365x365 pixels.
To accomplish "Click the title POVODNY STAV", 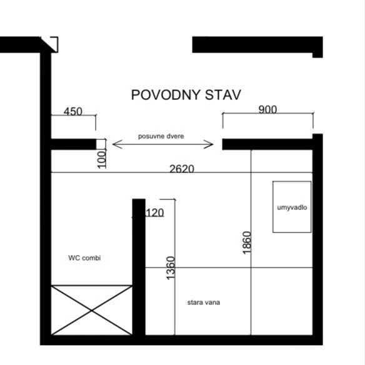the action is pyautogui.click(x=186, y=95).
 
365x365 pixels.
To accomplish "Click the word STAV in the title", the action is pyautogui.click(x=222, y=95).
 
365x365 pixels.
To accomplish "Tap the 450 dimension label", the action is pyautogui.click(x=73, y=111).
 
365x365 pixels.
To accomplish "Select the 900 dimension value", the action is pyautogui.click(x=267, y=109).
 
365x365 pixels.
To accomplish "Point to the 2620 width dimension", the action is pyautogui.click(x=182, y=169).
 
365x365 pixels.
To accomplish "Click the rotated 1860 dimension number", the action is pyautogui.click(x=247, y=242).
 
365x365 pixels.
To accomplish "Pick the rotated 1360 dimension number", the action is pyautogui.click(x=171, y=268).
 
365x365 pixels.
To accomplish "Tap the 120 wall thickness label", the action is pyautogui.click(x=154, y=212).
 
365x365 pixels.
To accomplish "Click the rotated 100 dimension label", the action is pyautogui.click(x=101, y=159).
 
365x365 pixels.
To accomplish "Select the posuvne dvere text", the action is pyautogui.click(x=161, y=136).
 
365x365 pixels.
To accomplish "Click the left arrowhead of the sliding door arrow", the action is pyautogui.click(x=117, y=144).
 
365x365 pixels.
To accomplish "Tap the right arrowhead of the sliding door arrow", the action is pyautogui.click(x=209, y=144).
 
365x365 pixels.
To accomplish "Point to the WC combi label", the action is pyautogui.click(x=84, y=257).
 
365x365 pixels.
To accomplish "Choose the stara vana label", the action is pyautogui.click(x=204, y=302).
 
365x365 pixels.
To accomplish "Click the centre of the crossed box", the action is pyautogui.click(x=92, y=310).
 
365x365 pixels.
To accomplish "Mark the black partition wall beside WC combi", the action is pyautogui.click(x=139, y=267).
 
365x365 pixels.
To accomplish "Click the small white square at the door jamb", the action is pyautogui.click(x=101, y=144).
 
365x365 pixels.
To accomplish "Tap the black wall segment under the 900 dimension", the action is pyautogui.click(x=267, y=144).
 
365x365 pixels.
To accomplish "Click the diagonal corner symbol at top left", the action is pyautogui.click(x=49, y=44).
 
